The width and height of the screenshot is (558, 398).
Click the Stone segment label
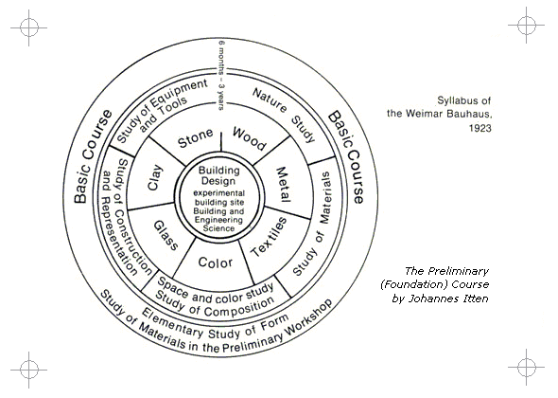(x=196, y=138)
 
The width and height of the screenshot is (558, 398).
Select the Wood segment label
(x=249, y=138)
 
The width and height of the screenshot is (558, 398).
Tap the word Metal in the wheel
(x=284, y=184)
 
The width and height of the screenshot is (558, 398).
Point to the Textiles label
(x=269, y=237)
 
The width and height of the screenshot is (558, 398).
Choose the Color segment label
(x=216, y=262)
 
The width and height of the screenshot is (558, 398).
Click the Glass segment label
(x=166, y=235)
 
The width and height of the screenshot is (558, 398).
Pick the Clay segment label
(x=155, y=177)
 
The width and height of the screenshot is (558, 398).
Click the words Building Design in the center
(x=218, y=175)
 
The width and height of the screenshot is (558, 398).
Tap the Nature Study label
(x=284, y=114)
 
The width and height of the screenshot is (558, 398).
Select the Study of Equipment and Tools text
(x=162, y=111)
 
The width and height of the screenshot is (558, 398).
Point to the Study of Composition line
(x=215, y=305)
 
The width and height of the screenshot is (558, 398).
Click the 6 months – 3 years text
(x=221, y=76)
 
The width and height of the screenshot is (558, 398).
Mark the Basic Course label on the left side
(x=92, y=156)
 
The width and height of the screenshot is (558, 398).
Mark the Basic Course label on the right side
(x=346, y=157)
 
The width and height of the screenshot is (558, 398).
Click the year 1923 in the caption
(x=480, y=128)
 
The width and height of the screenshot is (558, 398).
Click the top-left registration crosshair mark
(x=28, y=27)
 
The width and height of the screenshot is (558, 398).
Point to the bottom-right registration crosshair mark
(x=527, y=367)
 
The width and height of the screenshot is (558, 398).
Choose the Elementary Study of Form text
(x=215, y=325)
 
